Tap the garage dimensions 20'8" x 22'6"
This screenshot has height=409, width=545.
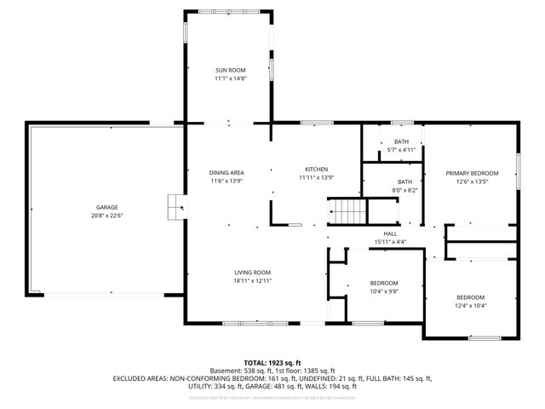[106, 216]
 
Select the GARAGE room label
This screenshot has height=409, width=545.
[106, 207]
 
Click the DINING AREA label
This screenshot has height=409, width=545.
[227, 172]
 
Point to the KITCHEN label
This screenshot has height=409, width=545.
[313, 169]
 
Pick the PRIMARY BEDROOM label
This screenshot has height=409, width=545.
[472, 173]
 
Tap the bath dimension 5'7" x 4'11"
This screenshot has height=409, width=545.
[401, 150]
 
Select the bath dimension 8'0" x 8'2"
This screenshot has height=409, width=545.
[405, 190]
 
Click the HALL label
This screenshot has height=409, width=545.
[390, 233]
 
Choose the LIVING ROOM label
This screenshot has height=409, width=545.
[253, 272]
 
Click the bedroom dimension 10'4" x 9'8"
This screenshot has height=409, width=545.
[384, 291]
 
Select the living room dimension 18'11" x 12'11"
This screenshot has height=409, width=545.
[253, 280]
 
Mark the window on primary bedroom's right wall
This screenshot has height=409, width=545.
[519, 164]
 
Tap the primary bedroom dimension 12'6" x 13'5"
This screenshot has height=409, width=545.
[472, 181]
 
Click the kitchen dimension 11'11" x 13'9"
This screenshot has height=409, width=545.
[313, 177]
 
